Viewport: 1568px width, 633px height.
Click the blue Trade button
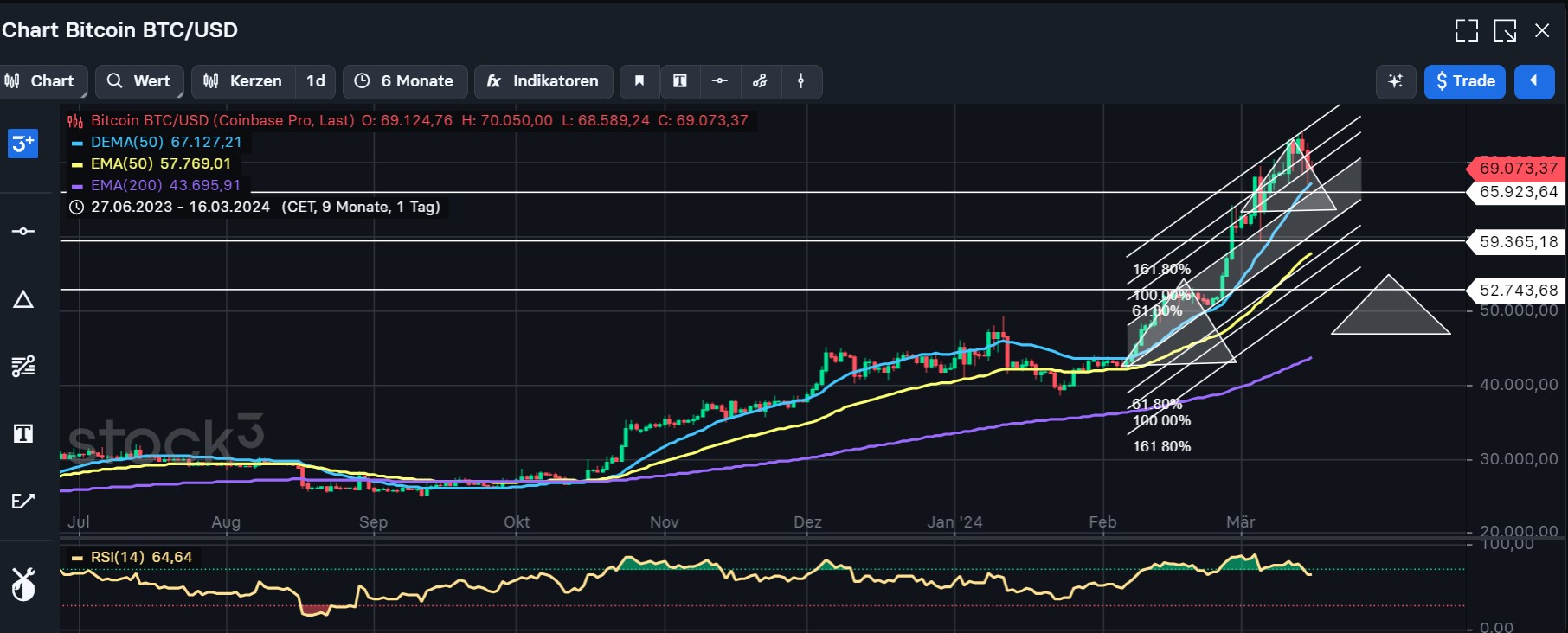(x=1464, y=81)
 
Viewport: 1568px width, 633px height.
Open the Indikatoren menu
(x=543, y=81)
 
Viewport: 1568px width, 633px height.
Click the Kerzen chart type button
(x=243, y=81)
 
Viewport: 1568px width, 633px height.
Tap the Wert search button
(x=139, y=81)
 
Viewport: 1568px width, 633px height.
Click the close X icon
(x=1542, y=31)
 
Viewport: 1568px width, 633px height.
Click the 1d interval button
(x=316, y=81)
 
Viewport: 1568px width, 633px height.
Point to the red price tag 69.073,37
(x=1518, y=168)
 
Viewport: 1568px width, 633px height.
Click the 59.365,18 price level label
(x=1518, y=242)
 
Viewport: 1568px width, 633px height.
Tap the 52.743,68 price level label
(x=1518, y=291)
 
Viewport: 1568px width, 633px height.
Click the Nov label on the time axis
(x=664, y=522)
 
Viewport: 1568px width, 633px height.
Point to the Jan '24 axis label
(x=954, y=522)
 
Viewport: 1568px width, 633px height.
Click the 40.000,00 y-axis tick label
(x=1518, y=385)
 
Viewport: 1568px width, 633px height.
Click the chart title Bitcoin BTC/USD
(x=120, y=30)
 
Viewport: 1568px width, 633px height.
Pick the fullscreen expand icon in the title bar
(x=1466, y=31)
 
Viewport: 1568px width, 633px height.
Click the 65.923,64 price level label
(x=1518, y=192)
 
